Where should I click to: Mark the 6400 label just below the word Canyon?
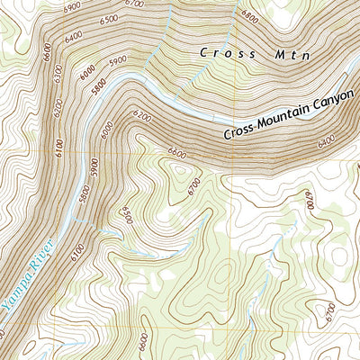point(326,139)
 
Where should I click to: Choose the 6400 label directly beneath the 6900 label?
point(72,35)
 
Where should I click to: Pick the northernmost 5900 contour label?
point(117,62)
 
